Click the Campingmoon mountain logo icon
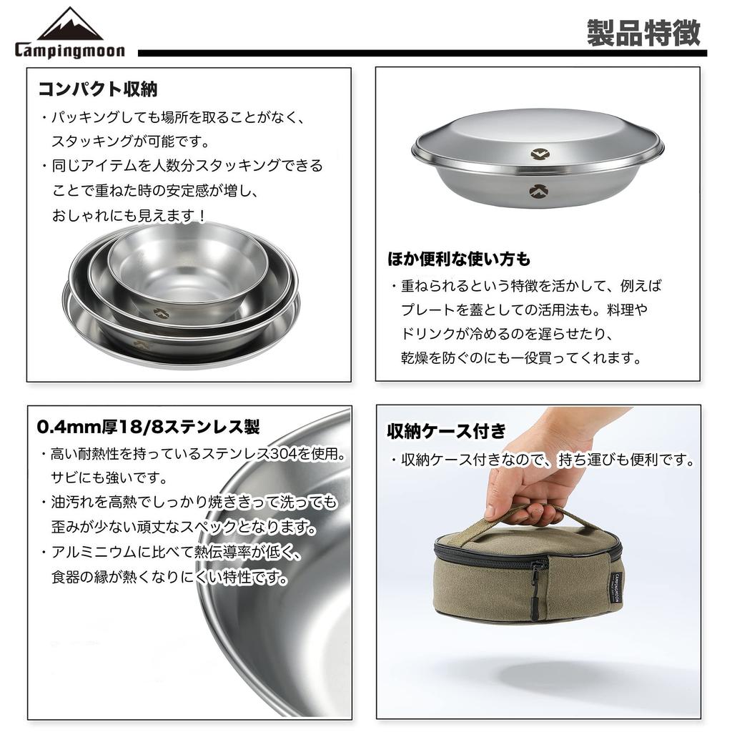pyautogui.click(x=70, y=24)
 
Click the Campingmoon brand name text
pyautogui.click(x=70, y=51)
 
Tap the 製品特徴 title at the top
pyautogui.click(x=643, y=33)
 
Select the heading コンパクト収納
pyautogui.click(x=98, y=89)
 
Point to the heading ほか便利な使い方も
pyautogui.click(x=459, y=258)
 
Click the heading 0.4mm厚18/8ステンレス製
pyautogui.click(x=148, y=427)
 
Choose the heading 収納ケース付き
pyautogui.click(x=447, y=430)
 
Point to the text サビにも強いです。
pyautogui.click(x=109, y=477)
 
